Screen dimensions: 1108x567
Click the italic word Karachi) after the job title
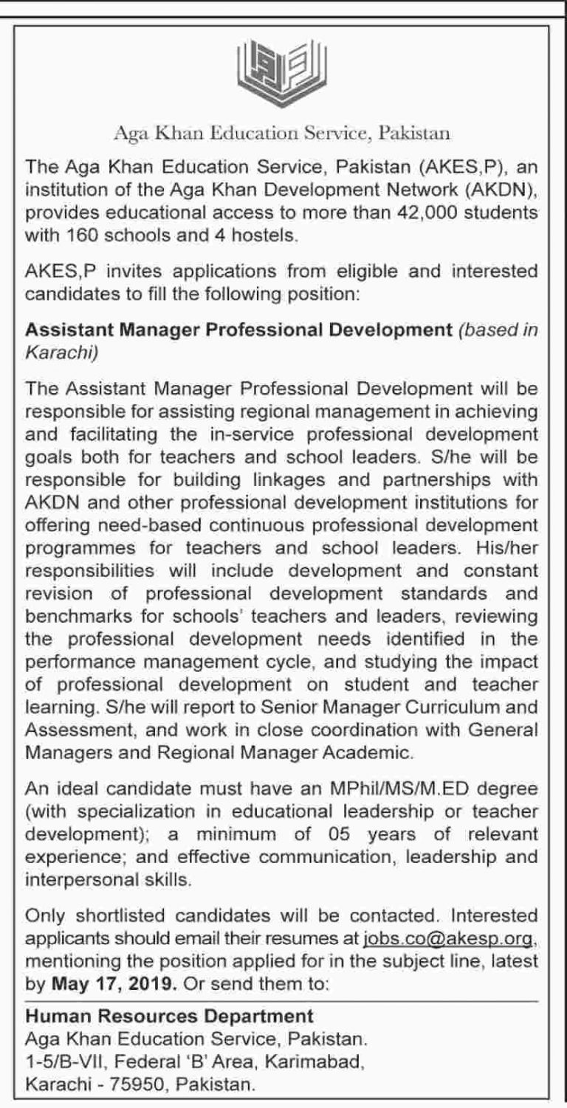click(61, 352)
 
